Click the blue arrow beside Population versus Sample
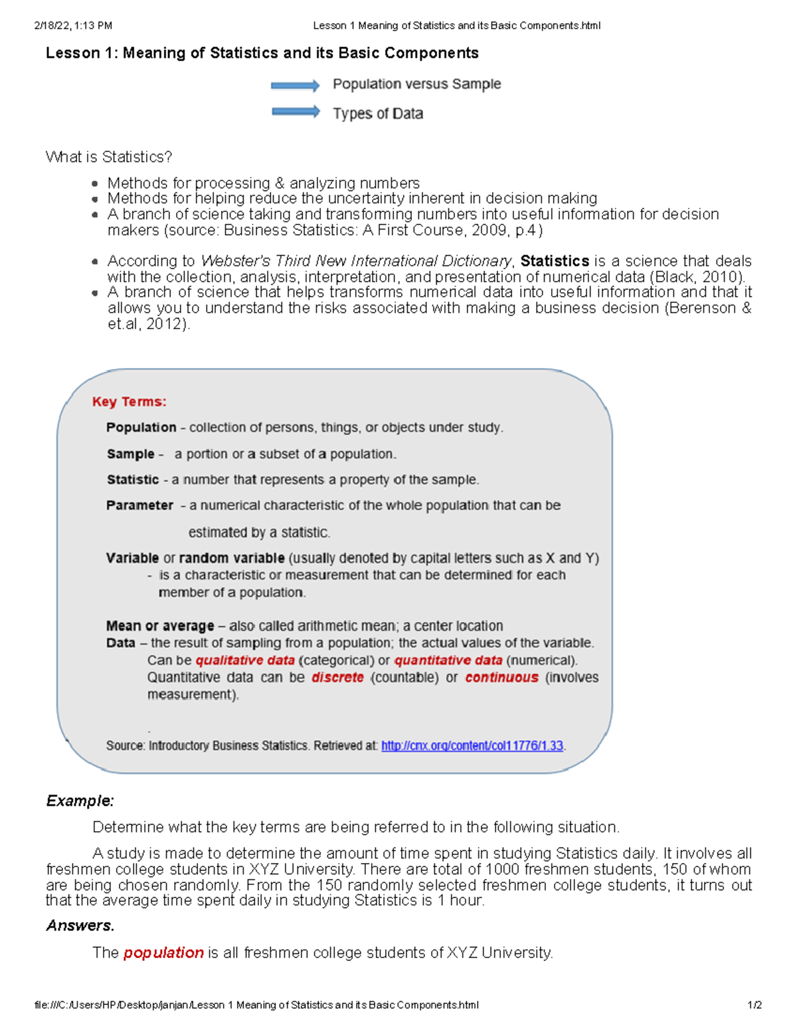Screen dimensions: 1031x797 pos(295,86)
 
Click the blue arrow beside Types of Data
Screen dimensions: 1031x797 pos(296,112)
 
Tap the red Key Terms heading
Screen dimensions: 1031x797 pos(129,402)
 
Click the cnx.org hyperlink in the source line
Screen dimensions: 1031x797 pos(472,746)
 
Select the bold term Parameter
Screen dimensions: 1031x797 pos(139,505)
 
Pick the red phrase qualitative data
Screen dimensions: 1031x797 pos(244,661)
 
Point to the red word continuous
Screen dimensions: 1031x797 pos(501,677)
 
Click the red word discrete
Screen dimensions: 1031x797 pos(337,677)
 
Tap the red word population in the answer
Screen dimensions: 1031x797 pos(163,953)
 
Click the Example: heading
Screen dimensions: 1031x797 pos(80,801)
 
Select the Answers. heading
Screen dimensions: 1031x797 pos(80,925)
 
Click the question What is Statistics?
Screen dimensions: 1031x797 pos(109,157)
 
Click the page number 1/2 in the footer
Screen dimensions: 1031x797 pos(754,1005)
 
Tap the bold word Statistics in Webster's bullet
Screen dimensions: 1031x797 pos(555,261)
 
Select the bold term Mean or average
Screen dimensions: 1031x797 pos(160,626)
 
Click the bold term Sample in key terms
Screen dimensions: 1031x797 pos(130,454)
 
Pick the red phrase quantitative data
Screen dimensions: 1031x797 pos(448,661)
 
